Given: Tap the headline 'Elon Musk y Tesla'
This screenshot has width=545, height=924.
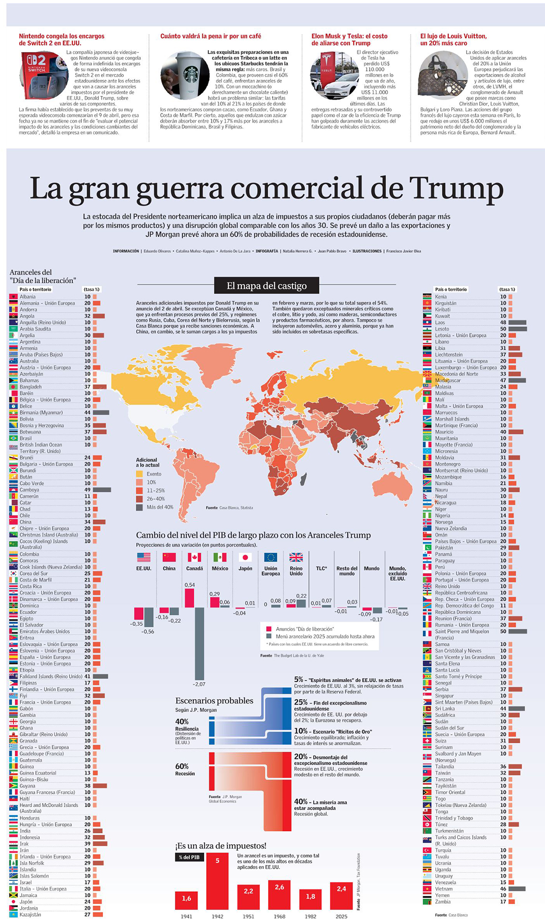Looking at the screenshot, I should [349, 40].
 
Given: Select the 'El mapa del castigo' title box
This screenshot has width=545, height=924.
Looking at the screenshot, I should [267, 286].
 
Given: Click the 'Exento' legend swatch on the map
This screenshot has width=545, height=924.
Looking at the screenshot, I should [140, 474].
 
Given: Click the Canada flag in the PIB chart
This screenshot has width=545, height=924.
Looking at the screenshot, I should [194, 557].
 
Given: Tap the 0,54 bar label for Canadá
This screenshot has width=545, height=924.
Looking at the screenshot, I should [189, 585].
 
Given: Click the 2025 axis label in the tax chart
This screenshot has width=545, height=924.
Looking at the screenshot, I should [341, 916].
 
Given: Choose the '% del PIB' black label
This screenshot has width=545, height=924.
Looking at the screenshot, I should [189, 857].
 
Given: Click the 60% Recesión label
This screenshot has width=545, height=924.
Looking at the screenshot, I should [185, 769].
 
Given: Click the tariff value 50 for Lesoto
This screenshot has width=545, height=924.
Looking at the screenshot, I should [503, 329].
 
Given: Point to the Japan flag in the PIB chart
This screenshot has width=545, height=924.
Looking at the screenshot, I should [245, 557].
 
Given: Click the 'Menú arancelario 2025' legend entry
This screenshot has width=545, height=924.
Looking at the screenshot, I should [325, 637].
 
